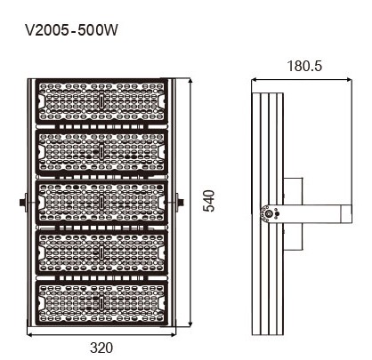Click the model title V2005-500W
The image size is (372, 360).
pyautogui.click(x=71, y=30)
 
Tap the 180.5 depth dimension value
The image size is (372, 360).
pyautogui.click(x=304, y=66)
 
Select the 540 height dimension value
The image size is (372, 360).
pyautogui.click(x=208, y=201)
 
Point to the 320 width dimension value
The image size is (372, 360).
pyautogui.click(x=101, y=348)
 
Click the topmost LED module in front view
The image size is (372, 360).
pyautogui.click(x=101, y=101)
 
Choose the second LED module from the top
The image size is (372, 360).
pyautogui.click(x=101, y=152)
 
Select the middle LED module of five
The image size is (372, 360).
pyautogui.click(x=101, y=202)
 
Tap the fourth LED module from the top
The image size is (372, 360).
pyautogui.click(x=101, y=252)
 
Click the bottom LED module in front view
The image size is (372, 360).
pyautogui.click(x=101, y=303)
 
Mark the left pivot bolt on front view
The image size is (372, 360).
pyautogui.click(x=23, y=203)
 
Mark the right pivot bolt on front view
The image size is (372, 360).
pyautogui.click(x=180, y=203)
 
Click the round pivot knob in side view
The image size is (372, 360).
pyautogui.click(x=269, y=214)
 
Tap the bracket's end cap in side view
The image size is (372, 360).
pyautogui.click(x=346, y=214)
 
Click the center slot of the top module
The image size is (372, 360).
pyautogui.click(x=101, y=101)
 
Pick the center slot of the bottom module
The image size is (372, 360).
pyautogui.click(x=101, y=303)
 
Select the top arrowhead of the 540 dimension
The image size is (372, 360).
pyautogui.click(x=190, y=82)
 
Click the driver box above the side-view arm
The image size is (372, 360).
pyautogui.click(x=293, y=191)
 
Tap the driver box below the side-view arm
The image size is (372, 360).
pyautogui.click(x=293, y=236)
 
